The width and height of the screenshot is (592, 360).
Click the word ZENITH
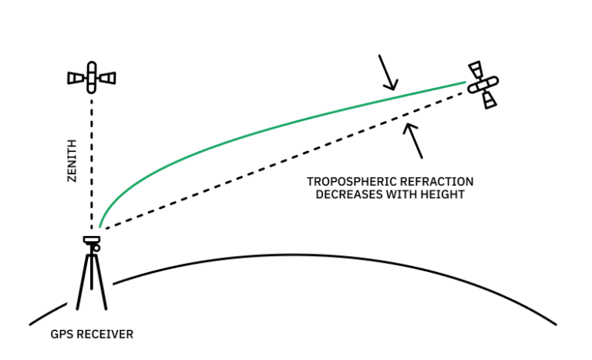pos(72,160)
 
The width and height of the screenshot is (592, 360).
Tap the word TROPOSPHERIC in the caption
pos(346,182)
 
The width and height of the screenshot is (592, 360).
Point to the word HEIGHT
pos(442,195)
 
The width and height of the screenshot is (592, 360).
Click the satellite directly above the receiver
pos(92,77)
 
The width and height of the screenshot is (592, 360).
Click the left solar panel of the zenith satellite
pos(76,78)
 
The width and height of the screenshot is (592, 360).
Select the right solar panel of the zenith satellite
pos(108,78)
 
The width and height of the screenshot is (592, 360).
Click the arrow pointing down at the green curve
pos(387,72)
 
